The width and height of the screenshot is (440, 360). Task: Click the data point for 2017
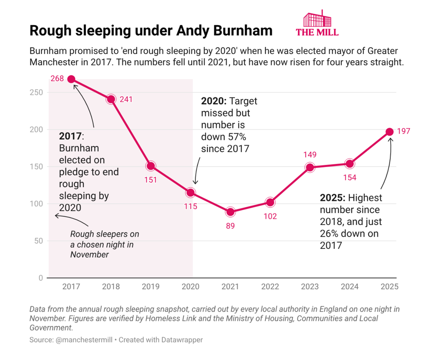point(71,80)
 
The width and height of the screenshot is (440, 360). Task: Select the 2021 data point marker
point(231,212)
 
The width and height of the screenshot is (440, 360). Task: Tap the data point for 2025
point(389,132)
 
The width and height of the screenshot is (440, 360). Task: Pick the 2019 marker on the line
point(150,166)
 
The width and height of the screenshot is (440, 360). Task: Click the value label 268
point(57,79)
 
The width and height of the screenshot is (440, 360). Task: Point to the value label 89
point(231,225)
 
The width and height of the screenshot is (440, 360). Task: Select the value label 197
point(403,131)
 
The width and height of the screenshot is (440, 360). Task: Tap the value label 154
point(350,178)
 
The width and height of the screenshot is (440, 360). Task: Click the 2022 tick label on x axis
point(270,287)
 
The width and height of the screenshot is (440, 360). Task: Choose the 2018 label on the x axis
point(111,287)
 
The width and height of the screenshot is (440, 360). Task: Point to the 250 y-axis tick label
point(36,92)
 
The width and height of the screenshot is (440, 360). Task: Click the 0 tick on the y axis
point(41,278)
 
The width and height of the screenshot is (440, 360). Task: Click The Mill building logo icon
point(317,18)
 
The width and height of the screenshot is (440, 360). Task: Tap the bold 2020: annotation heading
point(214,101)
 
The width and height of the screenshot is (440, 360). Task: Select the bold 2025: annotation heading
point(333,198)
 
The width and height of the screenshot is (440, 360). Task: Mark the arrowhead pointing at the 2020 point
point(196,182)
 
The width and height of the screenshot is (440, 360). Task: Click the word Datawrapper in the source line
point(182,340)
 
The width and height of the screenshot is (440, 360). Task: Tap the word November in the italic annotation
point(89,255)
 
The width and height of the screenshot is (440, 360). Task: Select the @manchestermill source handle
point(84,340)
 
